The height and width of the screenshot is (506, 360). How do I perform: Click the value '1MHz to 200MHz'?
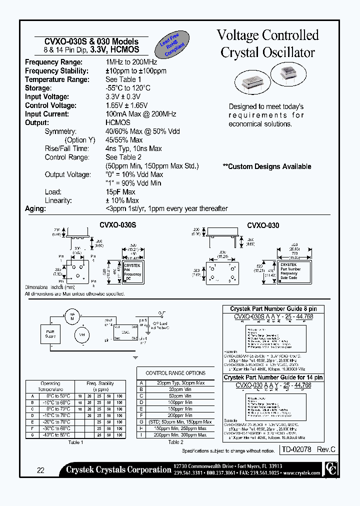131,62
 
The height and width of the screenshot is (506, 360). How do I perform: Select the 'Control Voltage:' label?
50,105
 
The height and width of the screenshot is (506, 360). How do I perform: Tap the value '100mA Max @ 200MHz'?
140,114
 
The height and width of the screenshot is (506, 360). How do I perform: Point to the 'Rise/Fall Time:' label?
67,148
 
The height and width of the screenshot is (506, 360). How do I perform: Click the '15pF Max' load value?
120,192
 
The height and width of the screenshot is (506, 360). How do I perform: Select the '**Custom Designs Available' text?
267,166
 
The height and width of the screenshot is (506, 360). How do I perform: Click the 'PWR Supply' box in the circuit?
50,333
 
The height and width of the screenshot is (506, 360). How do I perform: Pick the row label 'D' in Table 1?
32,415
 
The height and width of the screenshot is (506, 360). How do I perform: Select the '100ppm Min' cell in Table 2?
180,402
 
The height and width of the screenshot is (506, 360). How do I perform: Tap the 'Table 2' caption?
175,442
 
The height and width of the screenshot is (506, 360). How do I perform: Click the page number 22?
40,470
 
